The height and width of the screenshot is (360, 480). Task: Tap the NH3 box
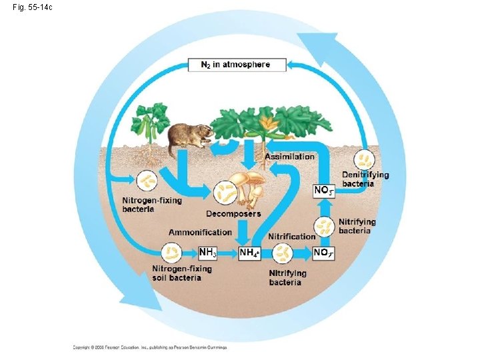(x=208, y=253)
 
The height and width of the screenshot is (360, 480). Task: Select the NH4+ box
(x=249, y=253)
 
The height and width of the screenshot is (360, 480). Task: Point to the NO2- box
(x=323, y=253)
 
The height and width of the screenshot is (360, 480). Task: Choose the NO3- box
(x=323, y=191)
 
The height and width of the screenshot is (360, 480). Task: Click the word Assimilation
(x=289, y=156)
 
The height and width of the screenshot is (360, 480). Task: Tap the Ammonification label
(x=200, y=232)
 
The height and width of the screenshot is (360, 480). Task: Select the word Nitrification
(x=291, y=236)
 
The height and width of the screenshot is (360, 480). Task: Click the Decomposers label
(x=233, y=214)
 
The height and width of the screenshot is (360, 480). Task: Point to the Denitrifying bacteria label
(x=365, y=179)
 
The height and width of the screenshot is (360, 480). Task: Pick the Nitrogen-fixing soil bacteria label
(x=182, y=273)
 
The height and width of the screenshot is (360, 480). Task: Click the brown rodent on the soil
(x=189, y=137)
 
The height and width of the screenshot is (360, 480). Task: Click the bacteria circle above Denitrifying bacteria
(x=365, y=159)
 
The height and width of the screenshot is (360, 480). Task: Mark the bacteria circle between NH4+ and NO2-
(x=285, y=253)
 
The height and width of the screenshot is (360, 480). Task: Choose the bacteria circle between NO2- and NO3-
(x=324, y=226)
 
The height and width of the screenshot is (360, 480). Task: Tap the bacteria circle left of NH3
(x=172, y=252)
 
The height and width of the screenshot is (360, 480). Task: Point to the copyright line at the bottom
(x=150, y=347)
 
